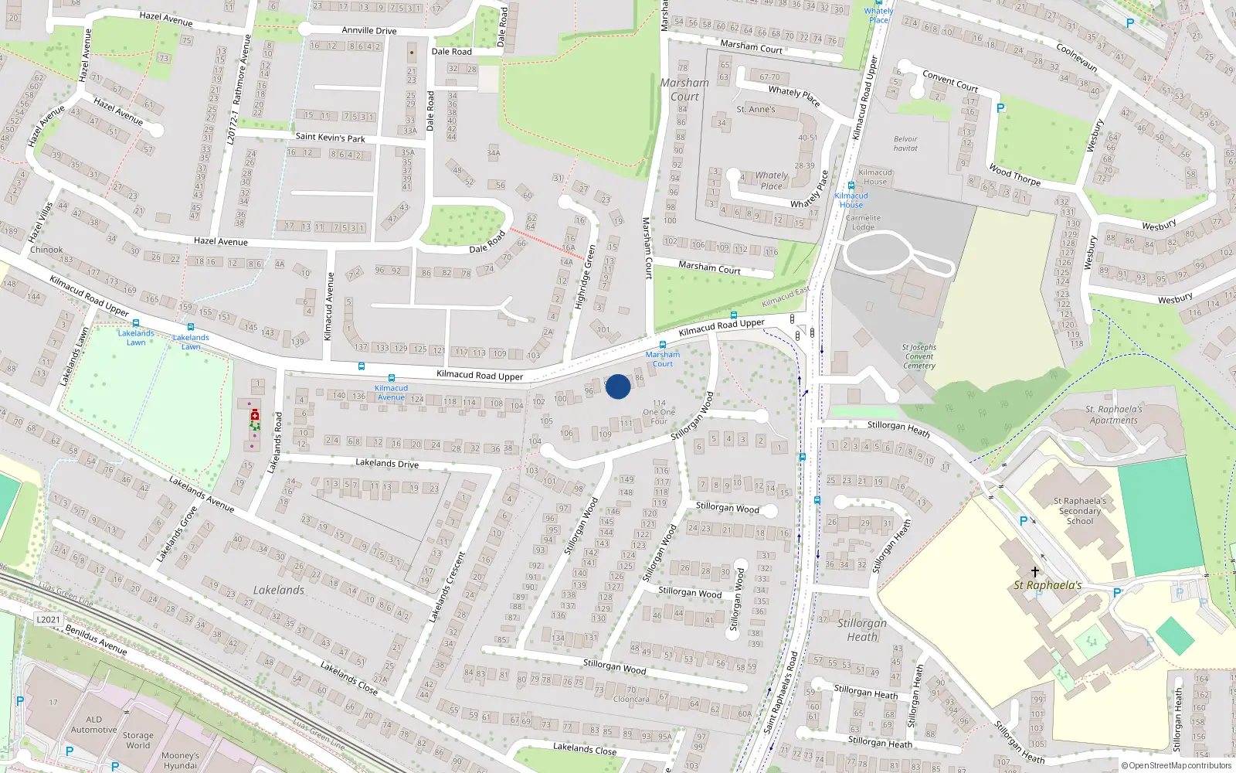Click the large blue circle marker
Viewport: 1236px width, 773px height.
pos(618,386)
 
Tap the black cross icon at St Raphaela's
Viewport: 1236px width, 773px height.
pos(1035,572)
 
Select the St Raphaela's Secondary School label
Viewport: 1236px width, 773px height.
pos(1080,511)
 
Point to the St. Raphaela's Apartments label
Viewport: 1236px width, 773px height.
pos(1114,415)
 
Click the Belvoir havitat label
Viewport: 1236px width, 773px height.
pos(905,144)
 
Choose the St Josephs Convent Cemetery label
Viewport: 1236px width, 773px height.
pos(919,356)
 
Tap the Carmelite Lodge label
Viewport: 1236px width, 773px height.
pos(863,223)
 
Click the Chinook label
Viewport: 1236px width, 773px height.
pos(46,250)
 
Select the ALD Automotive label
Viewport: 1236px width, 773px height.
pos(94,724)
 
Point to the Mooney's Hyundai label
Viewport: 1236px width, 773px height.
pos(180,761)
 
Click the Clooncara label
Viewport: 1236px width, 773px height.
pos(631,699)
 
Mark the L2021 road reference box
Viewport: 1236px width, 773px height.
pos(48,619)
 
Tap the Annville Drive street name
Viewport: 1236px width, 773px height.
pos(369,30)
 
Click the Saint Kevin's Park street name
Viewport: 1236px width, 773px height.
pos(330,138)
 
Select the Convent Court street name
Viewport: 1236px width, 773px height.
pos(950,80)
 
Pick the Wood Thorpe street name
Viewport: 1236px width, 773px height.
pos(1014,175)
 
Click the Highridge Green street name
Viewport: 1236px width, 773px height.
pos(586,277)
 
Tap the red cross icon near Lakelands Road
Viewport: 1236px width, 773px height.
pos(255,416)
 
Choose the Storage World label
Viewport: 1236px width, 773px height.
pos(138,741)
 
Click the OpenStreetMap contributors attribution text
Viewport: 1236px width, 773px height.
pos(1179,765)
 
